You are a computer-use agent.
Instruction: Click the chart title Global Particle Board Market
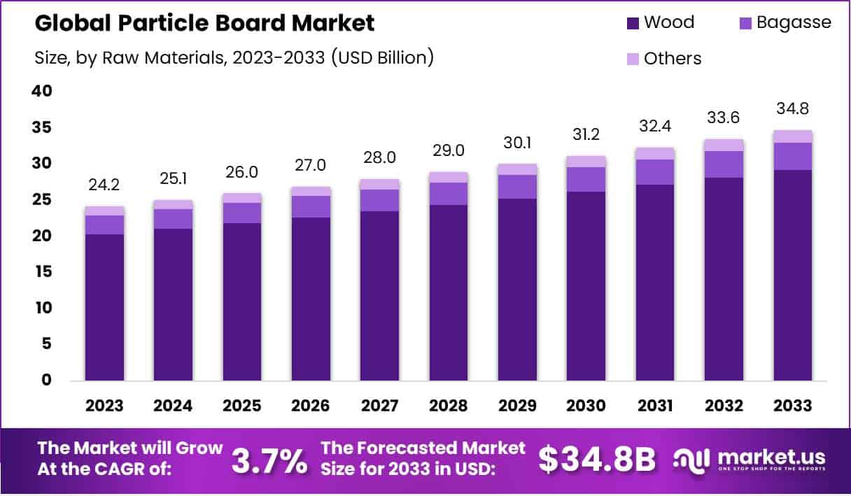click(204, 23)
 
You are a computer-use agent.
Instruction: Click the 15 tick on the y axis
click(42, 272)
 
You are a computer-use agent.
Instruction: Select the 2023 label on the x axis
click(104, 406)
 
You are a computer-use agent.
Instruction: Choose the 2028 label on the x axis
click(449, 406)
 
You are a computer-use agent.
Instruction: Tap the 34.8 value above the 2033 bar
click(793, 110)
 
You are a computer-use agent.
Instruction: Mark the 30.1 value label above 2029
click(517, 143)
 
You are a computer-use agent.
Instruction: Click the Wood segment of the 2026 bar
click(311, 299)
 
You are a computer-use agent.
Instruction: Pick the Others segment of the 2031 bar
click(655, 153)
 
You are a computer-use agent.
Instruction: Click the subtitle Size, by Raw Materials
click(234, 58)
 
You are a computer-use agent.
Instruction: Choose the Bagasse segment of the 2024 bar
click(173, 219)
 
